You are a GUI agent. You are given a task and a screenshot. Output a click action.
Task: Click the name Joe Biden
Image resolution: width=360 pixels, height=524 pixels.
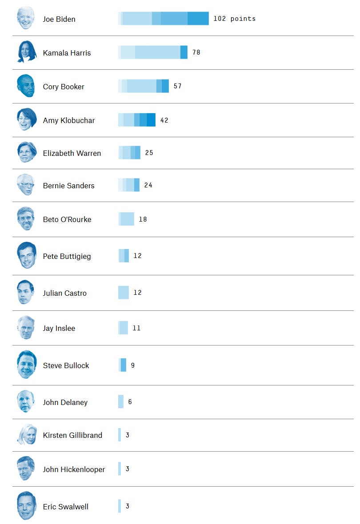(59, 19)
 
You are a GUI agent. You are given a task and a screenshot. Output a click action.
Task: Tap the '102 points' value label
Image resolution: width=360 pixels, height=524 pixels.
(234, 19)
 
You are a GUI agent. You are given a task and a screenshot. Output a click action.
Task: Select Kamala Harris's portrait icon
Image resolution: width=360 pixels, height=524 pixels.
(26, 52)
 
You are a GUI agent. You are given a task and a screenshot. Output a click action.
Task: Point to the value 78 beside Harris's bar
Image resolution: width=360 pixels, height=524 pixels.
(196, 52)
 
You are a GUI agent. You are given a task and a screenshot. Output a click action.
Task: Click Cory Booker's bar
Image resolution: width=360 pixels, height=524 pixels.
(144, 86)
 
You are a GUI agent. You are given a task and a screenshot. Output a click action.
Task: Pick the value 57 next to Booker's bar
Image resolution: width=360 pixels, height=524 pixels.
(177, 86)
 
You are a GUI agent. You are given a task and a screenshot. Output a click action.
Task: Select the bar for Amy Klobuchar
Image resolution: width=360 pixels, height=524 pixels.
(137, 120)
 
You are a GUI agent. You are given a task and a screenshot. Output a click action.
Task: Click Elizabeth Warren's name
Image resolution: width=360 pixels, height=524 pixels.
(72, 153)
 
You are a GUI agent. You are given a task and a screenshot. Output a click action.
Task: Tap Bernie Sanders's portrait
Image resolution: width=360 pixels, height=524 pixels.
(26, 185)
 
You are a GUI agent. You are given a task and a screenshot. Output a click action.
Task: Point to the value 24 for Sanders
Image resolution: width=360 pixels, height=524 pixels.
(148, 185)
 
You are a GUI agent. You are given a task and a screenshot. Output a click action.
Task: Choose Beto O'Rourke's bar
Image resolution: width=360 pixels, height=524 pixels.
(126, 219)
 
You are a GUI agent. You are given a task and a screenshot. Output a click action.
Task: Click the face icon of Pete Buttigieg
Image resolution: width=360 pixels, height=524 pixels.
(26, 255)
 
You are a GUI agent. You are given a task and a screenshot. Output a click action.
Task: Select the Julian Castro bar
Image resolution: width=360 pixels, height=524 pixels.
(124, 293)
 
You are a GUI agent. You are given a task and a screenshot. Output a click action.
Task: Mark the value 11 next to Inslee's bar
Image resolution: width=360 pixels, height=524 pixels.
(136, 328)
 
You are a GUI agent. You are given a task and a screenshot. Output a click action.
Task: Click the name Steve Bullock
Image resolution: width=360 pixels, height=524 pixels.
(66, 365)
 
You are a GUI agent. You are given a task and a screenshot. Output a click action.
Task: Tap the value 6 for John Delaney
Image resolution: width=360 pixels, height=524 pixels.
(130, 402)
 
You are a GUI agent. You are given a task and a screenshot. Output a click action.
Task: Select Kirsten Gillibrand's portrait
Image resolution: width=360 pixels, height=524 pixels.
(26, 434)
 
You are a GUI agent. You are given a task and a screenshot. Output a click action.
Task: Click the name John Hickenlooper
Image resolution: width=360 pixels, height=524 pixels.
(74, 469)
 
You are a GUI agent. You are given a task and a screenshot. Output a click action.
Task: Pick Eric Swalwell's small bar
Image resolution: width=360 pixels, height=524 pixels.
(120, 506)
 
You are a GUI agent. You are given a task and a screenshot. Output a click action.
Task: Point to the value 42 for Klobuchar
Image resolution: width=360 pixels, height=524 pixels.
(164, 120)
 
